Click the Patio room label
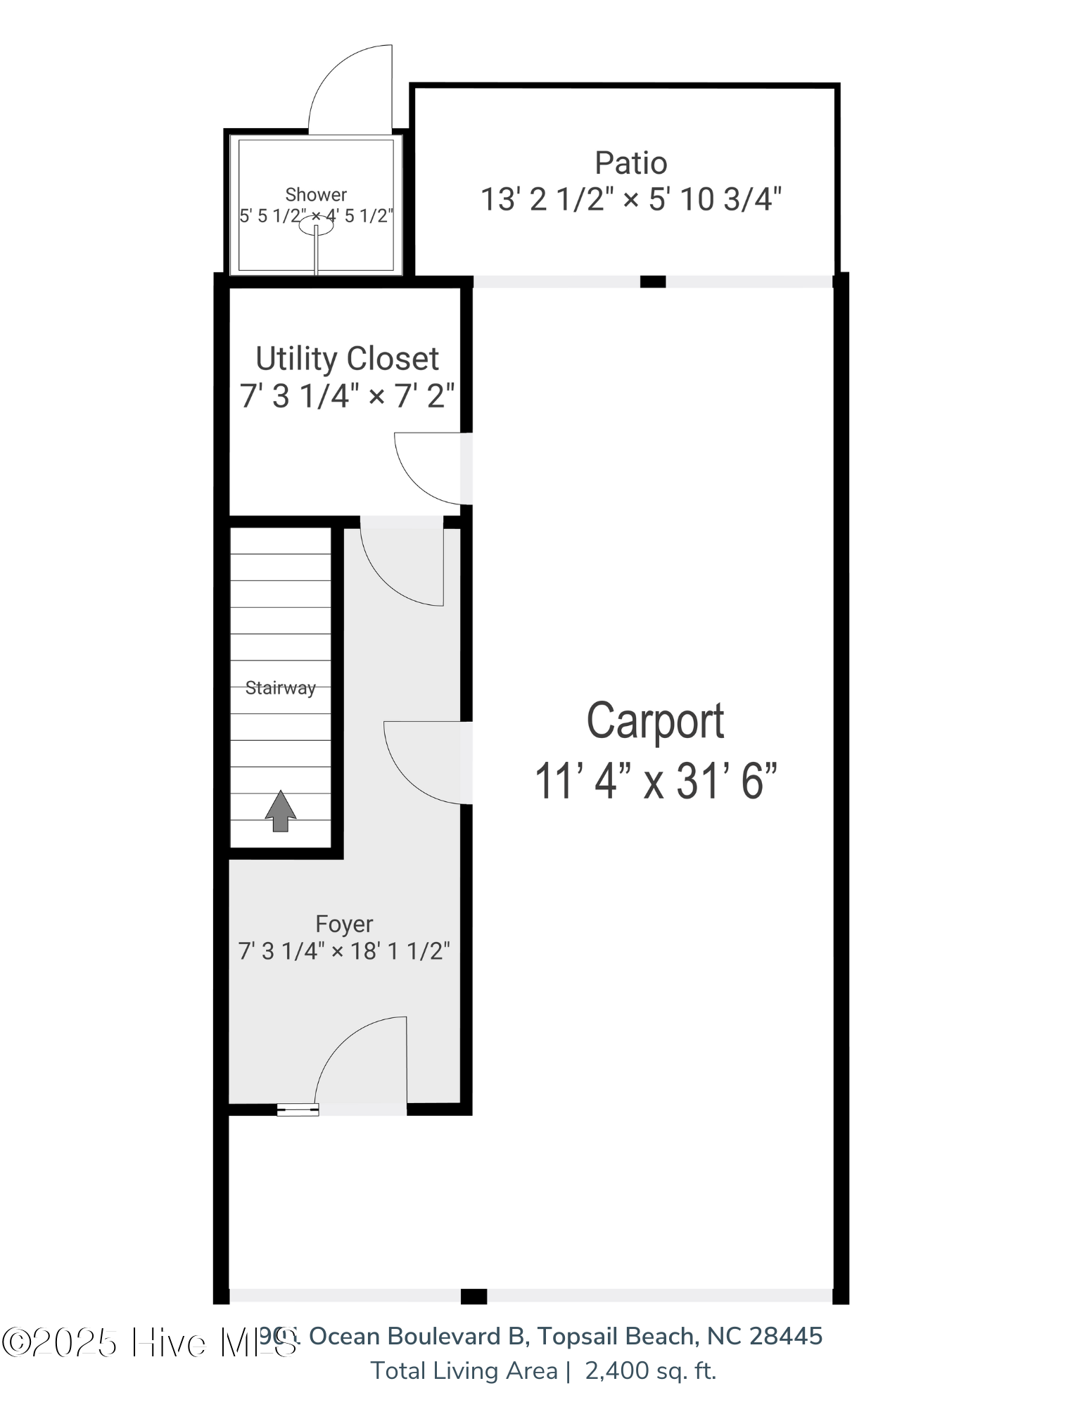coord(630,163)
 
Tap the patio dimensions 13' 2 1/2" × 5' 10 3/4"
coord(630,200)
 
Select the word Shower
coord(316,194)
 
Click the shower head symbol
coord(315,226)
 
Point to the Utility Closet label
coord(347,359)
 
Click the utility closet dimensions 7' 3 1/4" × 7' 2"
coord(347,396)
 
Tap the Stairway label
coord(280,688)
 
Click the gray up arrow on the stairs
coord(280,810)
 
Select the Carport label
coord(655,721)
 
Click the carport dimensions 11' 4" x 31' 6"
coord(655,781)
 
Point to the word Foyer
coord(343,924)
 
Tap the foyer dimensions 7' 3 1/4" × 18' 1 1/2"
coord(343,951)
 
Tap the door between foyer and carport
coord(424,762)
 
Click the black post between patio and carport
coord(652,282)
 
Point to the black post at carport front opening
coord(473,1296)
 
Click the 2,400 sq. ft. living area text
coord(650,1370)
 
